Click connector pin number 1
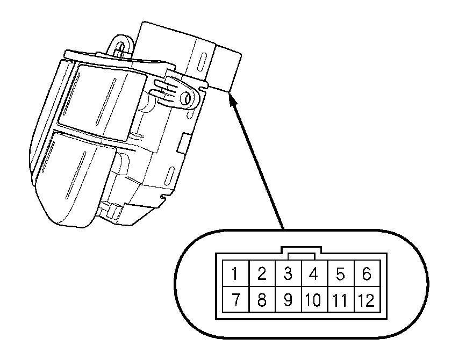(235, 275)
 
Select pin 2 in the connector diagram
(261, 275)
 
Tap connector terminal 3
(288, 275)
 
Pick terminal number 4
(314, 275)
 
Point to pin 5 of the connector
(340, 275)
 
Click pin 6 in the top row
(367, 275)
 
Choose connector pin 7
(235, 300)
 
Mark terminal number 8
(261, 300)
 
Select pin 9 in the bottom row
(288, 300)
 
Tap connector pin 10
(314, 300)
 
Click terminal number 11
(340, 300)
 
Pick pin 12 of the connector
(367, 300)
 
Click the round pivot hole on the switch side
(187, 98)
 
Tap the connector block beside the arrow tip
(226, 67)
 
